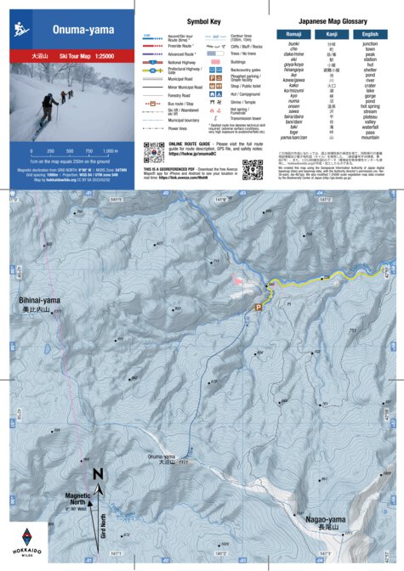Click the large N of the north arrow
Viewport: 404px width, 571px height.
[x=98, y=474]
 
